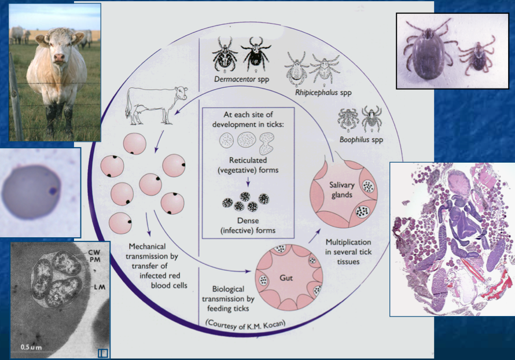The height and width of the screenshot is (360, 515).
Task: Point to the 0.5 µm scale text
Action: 32,347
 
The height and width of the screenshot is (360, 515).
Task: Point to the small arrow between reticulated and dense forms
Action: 248,182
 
